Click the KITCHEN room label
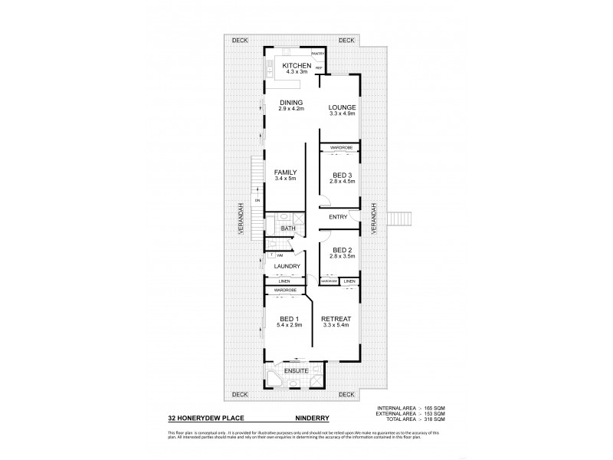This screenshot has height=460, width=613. point(296,67)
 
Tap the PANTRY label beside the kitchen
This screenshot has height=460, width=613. point(319,54)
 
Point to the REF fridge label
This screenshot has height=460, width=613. point(318,69)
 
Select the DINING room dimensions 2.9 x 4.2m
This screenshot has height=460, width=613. point(291,109)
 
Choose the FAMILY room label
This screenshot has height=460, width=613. point(285,172)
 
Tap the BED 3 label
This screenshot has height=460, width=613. point(339,174)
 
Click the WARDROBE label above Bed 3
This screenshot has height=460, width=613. point(340,146)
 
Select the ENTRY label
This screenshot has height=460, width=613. point(338,218)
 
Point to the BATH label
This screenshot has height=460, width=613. point(287,228)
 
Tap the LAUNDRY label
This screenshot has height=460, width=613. point(287,266)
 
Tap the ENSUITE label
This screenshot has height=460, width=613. point(296,370)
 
